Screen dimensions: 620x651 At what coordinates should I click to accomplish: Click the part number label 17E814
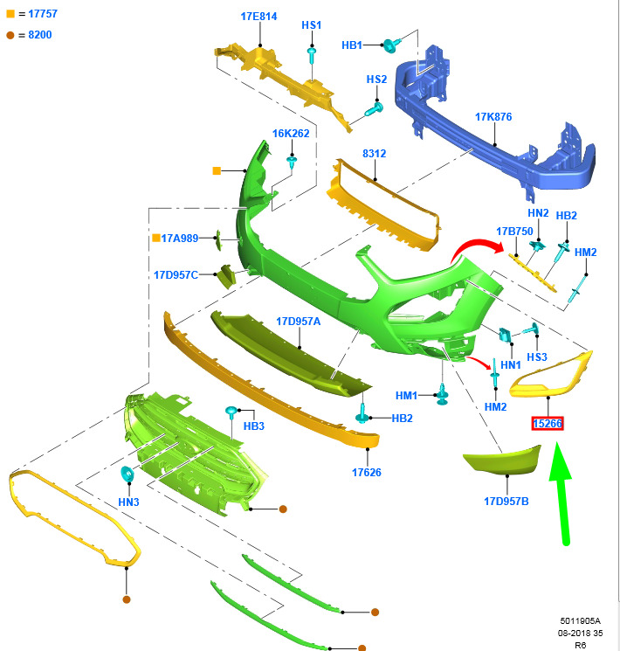pos(258,17)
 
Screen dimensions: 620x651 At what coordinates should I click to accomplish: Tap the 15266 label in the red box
pos(548,424)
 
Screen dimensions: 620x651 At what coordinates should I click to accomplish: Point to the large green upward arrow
pos(562,494)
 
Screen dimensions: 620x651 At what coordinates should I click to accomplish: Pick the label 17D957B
pos(506,502)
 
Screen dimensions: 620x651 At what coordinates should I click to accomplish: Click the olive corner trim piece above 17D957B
pos(503,461)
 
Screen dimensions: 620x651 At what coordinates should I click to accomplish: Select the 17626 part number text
pos(367,473)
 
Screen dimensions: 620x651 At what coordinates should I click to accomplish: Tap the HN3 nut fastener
pos(127,474)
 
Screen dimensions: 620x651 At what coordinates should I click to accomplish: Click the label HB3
pos(253,426)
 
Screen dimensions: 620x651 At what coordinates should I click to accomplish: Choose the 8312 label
pos(374,154)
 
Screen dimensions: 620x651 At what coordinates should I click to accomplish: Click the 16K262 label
pos(291,134)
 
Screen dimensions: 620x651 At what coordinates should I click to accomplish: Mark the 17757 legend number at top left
pos(43,14)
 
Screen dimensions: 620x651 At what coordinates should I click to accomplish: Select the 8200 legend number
pos(40,35)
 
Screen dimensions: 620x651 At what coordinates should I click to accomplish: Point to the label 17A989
pos(180,239)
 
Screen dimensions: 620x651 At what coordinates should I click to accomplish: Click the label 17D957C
pos(176,275)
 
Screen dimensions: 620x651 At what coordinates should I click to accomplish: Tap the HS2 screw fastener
pos(374,109)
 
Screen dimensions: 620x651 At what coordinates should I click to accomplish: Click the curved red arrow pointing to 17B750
pos(478,248)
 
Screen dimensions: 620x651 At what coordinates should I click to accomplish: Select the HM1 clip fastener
pos(443,394)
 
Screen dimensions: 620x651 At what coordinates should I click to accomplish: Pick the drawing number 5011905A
pos(580,621)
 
